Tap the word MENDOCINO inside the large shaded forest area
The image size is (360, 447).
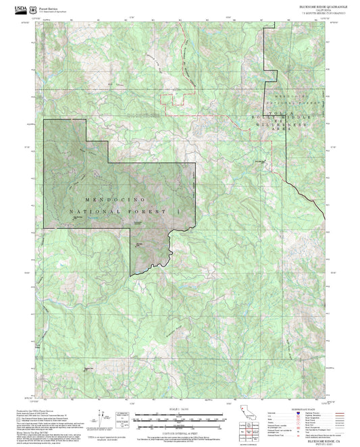[x=115, y=201]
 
